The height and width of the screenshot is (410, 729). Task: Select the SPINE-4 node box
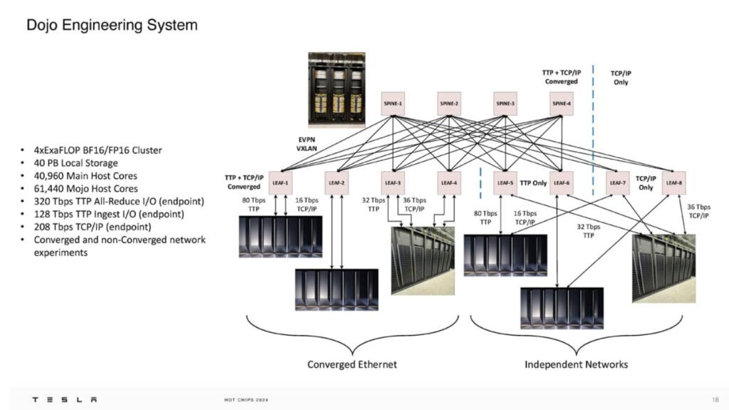561,103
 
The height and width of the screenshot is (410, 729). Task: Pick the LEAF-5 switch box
505,183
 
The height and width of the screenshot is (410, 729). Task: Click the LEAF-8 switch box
673,183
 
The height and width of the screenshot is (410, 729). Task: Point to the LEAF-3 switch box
392,183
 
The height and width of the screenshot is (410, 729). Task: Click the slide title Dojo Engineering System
112,26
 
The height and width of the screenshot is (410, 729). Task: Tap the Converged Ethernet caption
352,364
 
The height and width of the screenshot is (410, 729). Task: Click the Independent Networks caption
576,364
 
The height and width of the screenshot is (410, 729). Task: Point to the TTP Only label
533,183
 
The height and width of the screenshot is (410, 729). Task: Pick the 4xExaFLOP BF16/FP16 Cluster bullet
98,150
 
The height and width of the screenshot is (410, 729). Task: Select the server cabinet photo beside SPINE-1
336,87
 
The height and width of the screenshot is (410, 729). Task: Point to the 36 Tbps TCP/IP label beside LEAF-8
698,210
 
